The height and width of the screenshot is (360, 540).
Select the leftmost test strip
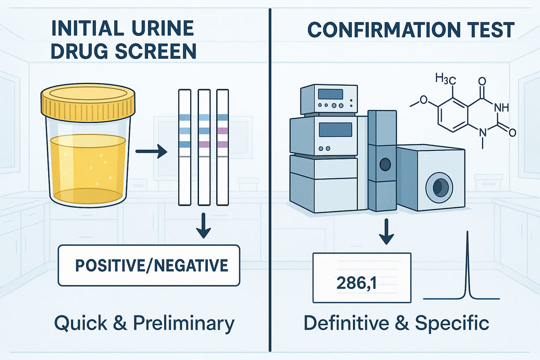[x=184, y=147]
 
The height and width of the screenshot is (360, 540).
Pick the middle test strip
[x=204, y=147]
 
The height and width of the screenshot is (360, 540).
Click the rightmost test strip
[x=223, y=147]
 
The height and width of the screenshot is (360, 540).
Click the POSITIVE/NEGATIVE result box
[x=149, y=266]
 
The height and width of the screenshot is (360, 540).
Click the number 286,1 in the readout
[x=356, y=283]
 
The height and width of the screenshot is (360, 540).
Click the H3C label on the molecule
[x=445, y=79]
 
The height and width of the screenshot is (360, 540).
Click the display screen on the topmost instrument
[x=330, y=94]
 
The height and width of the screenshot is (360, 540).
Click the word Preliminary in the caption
[x=185, y=323]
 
